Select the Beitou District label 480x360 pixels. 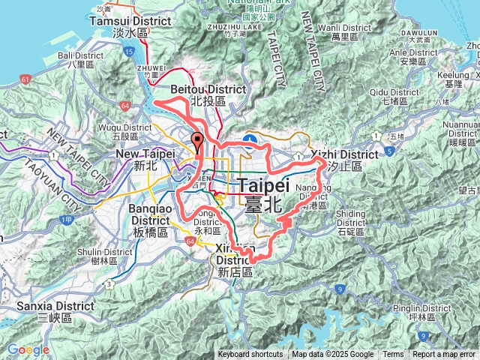coord(208,94)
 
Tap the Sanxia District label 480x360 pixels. coord(47,311)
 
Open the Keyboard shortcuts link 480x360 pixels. coord(250,355)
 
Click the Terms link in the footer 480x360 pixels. coord(393,355)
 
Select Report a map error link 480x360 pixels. coord(445,355)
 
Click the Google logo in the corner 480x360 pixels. coord(28,349)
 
